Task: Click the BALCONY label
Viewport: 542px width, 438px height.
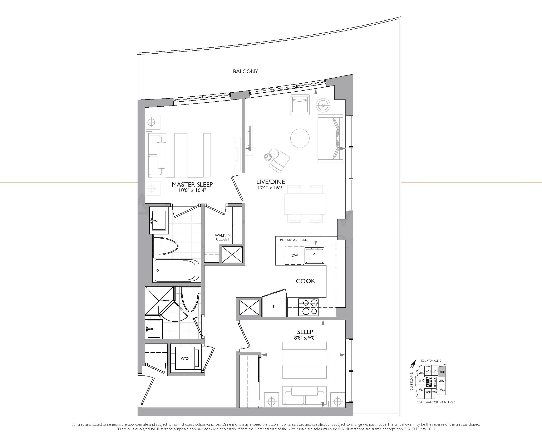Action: point(245,71)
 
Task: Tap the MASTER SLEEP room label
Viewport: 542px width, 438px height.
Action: point(192,184)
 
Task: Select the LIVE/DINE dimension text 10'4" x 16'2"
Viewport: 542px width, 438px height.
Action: point(271,188)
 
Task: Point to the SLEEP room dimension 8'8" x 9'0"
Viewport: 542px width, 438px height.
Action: point(305,338)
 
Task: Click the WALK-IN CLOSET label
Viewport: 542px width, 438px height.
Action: point(222,237)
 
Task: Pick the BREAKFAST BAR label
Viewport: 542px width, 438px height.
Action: point(294,240)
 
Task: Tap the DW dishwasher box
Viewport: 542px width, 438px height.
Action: point(294,255)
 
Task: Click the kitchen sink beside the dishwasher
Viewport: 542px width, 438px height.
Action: point(314,255)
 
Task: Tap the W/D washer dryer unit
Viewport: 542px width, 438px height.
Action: point(185,358)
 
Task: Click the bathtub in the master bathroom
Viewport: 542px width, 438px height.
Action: point(177,271)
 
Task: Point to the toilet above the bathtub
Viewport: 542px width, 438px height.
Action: point(166,246)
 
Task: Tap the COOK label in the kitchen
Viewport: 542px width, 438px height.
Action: point(305,281)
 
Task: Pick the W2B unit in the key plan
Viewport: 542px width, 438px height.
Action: point(442,372)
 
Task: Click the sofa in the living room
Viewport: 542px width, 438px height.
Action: point(330,138)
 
